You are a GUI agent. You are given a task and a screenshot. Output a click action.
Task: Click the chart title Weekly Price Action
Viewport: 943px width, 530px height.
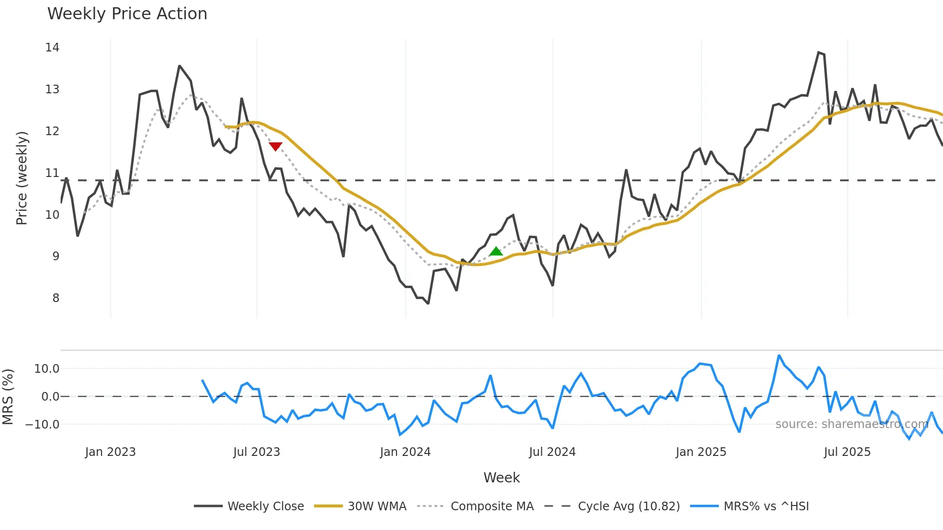click(127, 14)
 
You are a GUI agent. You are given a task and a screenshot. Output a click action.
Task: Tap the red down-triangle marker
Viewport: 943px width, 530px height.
click(275, 146)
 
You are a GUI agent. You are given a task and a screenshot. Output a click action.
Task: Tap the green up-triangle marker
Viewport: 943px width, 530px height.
click(496, 251)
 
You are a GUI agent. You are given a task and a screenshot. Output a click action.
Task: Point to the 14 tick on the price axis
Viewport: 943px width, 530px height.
click(52, 48)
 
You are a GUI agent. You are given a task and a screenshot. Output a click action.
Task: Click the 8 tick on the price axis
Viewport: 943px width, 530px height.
click(56, 298)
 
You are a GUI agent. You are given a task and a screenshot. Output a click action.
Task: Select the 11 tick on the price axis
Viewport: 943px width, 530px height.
click(52, 173)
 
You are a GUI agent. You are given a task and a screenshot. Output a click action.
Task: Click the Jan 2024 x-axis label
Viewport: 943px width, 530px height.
click(405, 452)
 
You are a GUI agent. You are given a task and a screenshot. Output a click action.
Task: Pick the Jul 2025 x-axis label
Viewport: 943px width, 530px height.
click(847, 452)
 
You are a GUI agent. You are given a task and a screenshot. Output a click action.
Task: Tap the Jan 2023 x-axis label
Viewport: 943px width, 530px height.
click(110, 452)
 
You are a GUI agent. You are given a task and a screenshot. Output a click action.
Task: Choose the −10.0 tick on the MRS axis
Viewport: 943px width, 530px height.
click(42, 425)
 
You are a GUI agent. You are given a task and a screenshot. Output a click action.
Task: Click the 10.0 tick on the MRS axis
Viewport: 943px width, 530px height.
click(46, 369)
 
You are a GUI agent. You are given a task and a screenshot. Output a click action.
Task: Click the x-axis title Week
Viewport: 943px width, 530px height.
click(501, 478)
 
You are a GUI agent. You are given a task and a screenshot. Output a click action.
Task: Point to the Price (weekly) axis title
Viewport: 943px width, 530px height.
click(22, 178)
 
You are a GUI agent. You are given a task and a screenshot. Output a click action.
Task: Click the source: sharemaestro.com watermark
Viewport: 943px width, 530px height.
click(852, 424)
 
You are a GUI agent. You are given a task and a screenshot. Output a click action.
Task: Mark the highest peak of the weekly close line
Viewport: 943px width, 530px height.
click(818, 52)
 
